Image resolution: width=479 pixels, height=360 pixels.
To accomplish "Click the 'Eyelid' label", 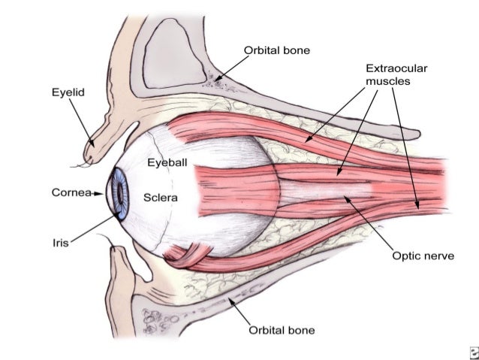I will click(x=68, y=93).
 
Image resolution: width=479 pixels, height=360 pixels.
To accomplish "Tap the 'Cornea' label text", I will click(x=71, y=193).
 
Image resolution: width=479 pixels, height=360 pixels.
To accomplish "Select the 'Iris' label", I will click(x=61, y=242).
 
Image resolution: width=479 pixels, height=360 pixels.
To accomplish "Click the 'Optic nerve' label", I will click(x=424, y=256).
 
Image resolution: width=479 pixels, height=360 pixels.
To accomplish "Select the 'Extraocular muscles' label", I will click(x=396, y=74).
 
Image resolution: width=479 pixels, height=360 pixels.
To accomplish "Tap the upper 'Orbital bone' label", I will click(x=277, y=50).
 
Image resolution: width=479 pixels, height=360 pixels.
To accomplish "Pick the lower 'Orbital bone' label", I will click(x=282, y=330).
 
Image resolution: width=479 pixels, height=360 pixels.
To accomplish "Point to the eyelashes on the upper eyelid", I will click(x=77, y=164).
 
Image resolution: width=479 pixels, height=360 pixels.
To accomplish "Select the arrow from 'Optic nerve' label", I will click(x=369, y=223).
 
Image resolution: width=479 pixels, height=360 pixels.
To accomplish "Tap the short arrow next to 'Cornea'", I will click(x=98, y=193).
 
